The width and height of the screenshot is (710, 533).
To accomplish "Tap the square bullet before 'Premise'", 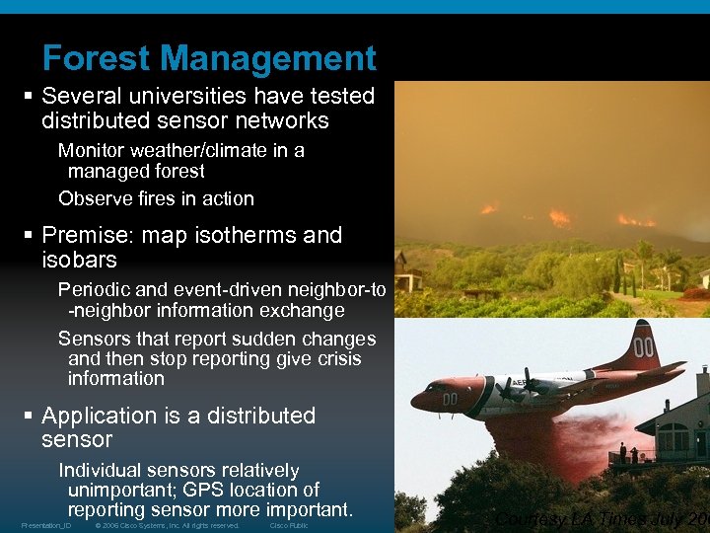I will click(30, 236).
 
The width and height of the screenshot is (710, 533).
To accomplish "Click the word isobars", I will click(79, 261).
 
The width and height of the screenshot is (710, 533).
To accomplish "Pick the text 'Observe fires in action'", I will click(156, 198).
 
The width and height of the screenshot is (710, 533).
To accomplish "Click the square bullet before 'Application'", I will click(30, 417).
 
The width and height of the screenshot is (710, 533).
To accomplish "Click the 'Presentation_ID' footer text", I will click(46, 526).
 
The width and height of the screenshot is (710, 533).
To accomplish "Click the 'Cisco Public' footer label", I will click(289, 526).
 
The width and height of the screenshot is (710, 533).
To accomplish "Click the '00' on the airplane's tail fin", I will click(644, 347).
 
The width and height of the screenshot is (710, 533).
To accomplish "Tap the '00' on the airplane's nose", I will click(450, 399).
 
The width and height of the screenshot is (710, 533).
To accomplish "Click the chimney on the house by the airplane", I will click(701, 381).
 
